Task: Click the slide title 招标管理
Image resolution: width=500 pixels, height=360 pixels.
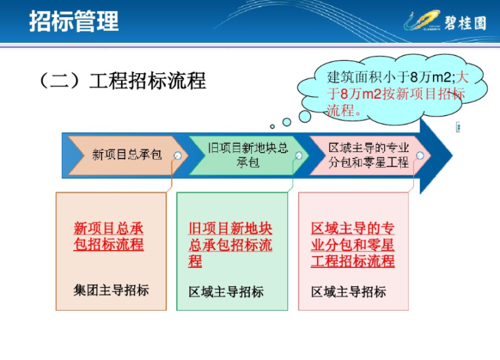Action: (x=74, y=21)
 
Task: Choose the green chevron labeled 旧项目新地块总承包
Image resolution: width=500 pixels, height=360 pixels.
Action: (x=247, y=155)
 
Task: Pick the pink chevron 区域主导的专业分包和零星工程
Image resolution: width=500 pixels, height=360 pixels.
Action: (x=368, y=155)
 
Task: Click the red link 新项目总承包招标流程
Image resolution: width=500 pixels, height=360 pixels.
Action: (x=109, y=237)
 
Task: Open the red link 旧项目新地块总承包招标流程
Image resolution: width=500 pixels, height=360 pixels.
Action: (x=230, y=245)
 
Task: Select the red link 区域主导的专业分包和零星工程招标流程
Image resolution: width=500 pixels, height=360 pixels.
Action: (x=353, y=245)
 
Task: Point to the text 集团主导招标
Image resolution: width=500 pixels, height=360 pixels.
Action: (x=111, y=290)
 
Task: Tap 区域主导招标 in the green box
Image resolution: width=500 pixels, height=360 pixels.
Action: (x=226, y=292)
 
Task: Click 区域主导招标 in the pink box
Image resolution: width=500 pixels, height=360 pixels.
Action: (x=349, y=292)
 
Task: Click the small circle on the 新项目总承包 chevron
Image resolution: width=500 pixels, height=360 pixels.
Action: (x=178, y=156)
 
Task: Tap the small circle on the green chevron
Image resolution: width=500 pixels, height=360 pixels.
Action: (x=299, y=156)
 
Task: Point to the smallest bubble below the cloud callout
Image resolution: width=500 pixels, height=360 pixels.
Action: (x=272, y=126)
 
